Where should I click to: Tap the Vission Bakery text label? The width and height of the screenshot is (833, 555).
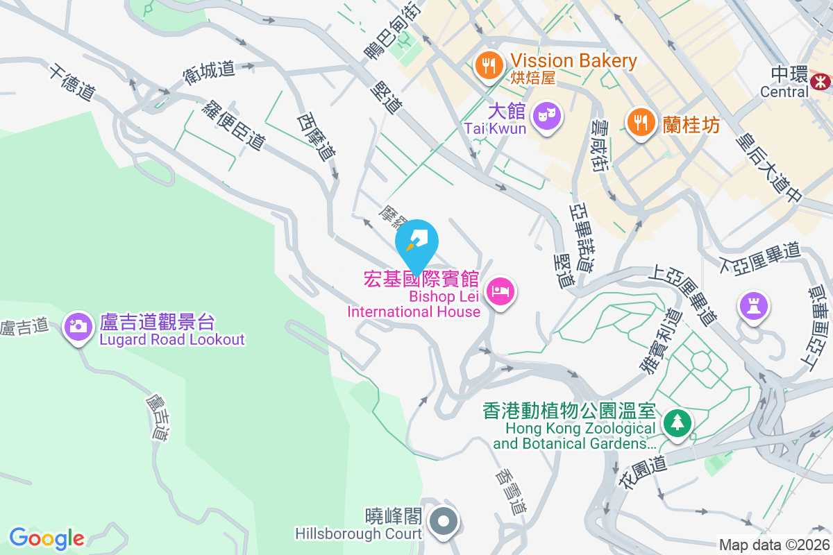pos(573,61)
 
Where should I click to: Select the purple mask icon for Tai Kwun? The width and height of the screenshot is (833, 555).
pos(549,114)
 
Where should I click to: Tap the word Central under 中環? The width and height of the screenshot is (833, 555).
pos(784,92)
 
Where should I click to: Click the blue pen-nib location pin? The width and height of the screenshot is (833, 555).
pos(416,243)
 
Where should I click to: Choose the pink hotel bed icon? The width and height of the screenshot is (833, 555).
pos(500,292)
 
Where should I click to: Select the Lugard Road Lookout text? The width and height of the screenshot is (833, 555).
pos(172,339)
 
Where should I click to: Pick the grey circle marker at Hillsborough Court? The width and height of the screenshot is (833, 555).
pos(443,521)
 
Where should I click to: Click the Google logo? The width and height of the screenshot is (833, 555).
pos(47,538)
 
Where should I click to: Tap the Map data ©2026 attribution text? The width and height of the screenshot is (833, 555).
pos(773,545)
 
